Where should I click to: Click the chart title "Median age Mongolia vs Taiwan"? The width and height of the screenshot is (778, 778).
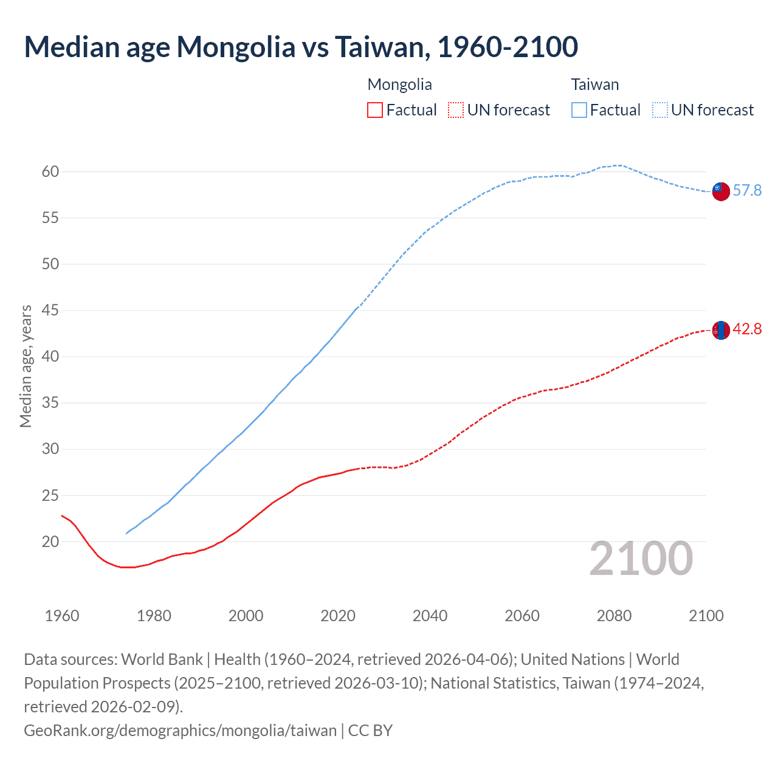(x=300, y=47)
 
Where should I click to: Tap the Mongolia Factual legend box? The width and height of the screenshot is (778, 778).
(x=375, y=110)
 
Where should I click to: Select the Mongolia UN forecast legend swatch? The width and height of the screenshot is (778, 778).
(x=456, y=110)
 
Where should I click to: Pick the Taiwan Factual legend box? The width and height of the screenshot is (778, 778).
(x=579, y=110)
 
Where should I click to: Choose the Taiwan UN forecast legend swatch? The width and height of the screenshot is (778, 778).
(x=659, y=110)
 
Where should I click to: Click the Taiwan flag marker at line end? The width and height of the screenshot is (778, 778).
(x=720, y=191)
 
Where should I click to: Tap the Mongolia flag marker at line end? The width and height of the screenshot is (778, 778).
(x=720, y=330)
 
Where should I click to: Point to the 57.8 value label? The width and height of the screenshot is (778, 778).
(x=747, y=191)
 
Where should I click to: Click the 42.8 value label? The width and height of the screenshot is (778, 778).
(x=747, y=329)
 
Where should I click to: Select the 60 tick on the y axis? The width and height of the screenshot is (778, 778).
(x=50, y=172)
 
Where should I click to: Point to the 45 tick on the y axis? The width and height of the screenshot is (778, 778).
(x=50, y=311)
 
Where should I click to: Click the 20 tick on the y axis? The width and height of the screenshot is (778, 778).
(x=50, y=542)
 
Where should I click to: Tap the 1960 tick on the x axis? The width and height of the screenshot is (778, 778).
(x=62, y=616)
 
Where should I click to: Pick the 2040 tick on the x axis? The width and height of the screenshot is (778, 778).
(x=430, y=616)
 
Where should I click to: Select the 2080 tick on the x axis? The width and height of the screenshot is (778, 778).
(x=614, y=616)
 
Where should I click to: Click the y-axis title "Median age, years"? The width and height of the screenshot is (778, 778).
(x=26, y=367)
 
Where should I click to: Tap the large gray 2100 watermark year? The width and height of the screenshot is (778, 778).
(x=641, y=559)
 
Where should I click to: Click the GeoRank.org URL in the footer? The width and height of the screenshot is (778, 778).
(x=180, y=730)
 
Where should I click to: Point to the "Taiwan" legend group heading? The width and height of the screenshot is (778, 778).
(x=594, y=84)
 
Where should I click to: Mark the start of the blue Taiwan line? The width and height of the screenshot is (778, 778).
(x=126, y=533)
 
